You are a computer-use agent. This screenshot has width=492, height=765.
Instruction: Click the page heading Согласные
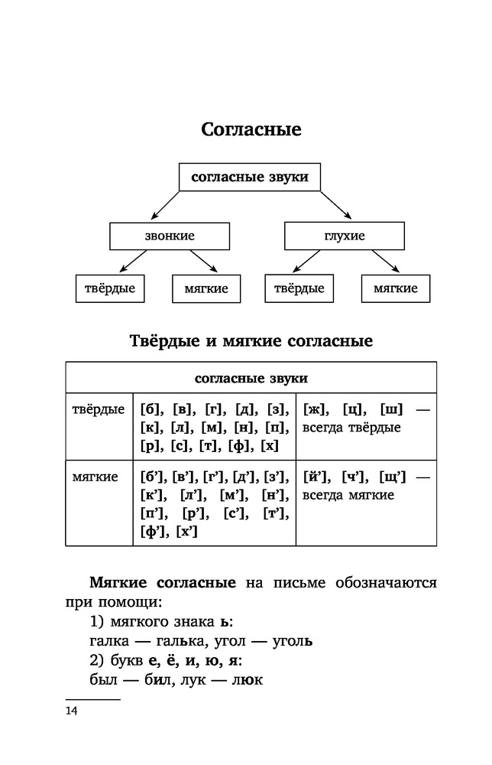pos(251,129)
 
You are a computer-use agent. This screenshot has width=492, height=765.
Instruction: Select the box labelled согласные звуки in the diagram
pos(249,177)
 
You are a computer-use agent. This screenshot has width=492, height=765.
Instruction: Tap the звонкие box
pos(170,236)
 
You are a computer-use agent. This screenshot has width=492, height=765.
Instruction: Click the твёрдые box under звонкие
pos(109,288)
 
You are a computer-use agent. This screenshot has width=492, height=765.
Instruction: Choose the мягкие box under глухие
pos(395,288)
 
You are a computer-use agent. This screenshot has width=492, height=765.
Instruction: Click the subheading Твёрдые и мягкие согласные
pos(251,340)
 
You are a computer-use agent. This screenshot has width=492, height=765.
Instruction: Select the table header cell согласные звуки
pos(251,378)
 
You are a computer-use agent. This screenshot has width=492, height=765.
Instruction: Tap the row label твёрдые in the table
pos(98,409)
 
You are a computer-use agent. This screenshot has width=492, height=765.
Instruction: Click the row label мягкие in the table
pos(95,477)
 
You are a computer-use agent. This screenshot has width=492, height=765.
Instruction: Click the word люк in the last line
pos(248,678)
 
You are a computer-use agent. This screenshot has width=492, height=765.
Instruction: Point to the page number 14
pos(72,711)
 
